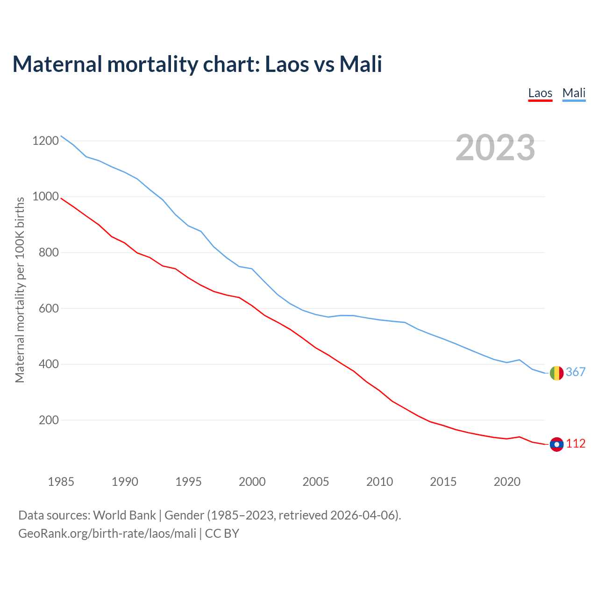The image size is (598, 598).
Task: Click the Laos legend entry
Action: (540, 93)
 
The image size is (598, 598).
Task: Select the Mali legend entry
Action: (574, 93)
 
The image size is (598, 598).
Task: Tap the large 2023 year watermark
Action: (495, 148)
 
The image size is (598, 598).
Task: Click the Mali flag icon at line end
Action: (556, 373)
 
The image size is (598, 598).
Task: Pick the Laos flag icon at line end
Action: (556, 444)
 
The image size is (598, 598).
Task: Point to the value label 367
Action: (576, 372)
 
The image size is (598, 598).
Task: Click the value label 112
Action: (576, 443)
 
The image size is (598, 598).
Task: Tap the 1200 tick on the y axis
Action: (45, 141)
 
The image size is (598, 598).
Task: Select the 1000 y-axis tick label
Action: (45, 197)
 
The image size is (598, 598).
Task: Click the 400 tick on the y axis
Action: (49, 364)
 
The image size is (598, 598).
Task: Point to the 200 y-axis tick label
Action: (49, 420)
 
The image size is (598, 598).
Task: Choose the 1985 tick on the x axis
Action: (61, 482)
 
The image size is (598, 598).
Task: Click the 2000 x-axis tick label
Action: (252, 482)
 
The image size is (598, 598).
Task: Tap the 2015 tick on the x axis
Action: (443, 482)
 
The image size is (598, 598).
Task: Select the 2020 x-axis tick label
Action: (507, 482)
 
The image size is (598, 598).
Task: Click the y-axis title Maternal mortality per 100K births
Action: (20, 290)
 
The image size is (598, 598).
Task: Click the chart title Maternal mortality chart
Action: (197, 64)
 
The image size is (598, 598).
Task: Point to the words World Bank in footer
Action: (124, 515)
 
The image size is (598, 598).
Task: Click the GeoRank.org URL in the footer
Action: (107, 534)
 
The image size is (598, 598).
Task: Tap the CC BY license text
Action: (222, 534)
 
